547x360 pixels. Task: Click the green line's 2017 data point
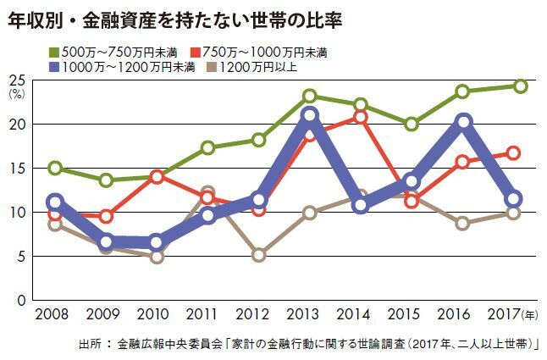click(x=520, y=86)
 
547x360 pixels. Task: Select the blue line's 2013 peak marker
click(x=310, y=115)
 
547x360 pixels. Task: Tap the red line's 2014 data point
click(x=361, y=117)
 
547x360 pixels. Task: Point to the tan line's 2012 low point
click(x=259, y=254)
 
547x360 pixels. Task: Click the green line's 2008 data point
click(x=55, y=168)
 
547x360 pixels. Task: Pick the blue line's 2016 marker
click(x=463, y=122)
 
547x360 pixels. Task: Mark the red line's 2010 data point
click(x=156, y=177)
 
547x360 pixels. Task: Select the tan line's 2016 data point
click(x=463, y=224)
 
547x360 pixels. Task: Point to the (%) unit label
click(x=18, y=94)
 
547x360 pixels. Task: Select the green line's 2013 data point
click(x=310, y=97)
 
